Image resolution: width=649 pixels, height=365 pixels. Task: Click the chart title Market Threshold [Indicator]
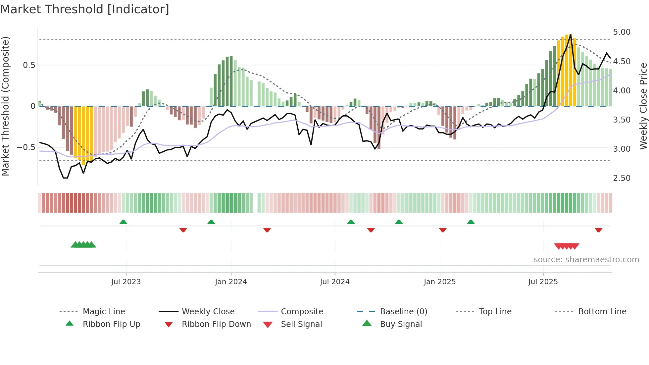[x=85, y=9]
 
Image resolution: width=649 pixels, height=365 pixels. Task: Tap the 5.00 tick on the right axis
[x=622, y=32]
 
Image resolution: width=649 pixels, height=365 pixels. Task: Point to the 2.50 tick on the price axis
[x=622, y=178]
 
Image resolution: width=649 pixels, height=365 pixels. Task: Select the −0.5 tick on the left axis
[x=26, y=147]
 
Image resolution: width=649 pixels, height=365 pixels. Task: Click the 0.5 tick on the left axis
[x=29, y=65]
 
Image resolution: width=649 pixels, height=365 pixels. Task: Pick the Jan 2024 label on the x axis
[x=231, y=282]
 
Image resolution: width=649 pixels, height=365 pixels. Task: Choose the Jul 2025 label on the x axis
[x=543, y=282]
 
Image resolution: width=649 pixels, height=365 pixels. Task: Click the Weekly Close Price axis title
[x=643, y=106]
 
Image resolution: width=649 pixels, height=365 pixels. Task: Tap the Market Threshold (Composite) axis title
[x=5, y=106]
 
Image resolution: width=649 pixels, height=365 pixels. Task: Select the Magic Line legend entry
[x=104, y=312]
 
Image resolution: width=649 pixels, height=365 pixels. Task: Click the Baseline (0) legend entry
[x=403, y=312]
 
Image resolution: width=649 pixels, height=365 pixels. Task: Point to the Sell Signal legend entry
[x=301, y=324]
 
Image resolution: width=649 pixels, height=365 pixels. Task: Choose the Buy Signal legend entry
[x=401, y=324]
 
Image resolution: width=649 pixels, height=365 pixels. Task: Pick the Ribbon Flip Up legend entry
[x=111, y=324]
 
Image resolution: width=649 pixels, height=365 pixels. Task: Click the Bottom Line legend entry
[x=602, y=312]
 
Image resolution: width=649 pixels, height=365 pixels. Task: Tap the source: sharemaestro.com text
[x=586, y=260]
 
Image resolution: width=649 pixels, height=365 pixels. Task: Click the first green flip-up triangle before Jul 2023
[x=123, y=222]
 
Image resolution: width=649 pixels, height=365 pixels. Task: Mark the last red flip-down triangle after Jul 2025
[x=598, y=230]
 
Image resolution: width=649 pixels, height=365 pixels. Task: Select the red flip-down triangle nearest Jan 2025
[x=443, y=230]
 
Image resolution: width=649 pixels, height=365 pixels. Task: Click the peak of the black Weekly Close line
[x=571, y=34]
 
